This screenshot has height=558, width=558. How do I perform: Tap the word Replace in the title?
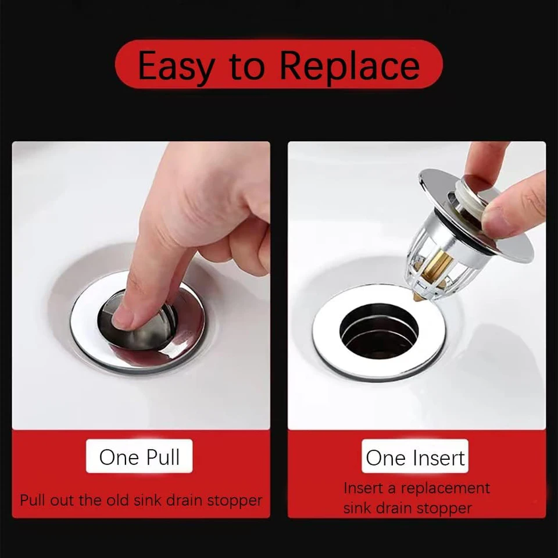coord(350,66)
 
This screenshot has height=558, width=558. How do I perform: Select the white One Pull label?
coord(139,456)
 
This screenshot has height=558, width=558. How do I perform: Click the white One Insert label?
coord(415,456)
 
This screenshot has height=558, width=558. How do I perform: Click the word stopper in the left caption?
coord(235,500)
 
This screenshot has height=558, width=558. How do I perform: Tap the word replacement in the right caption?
coord(446,488)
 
